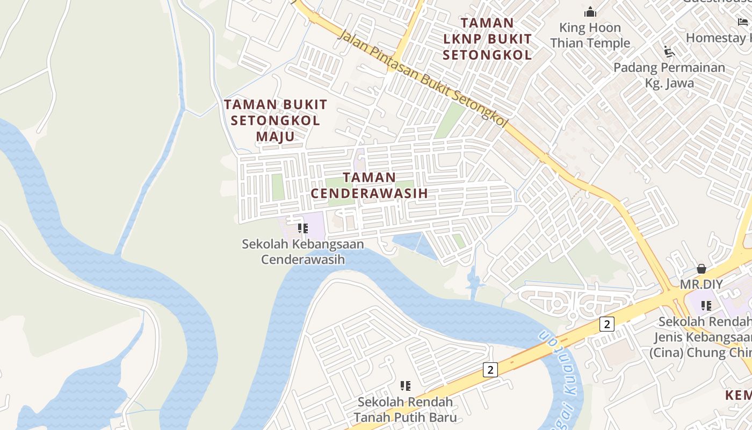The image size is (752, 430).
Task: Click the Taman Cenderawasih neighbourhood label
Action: pos(370,185)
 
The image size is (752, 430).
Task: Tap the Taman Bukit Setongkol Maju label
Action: pos(276,120)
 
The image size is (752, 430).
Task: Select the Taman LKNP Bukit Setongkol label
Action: pos(487,39)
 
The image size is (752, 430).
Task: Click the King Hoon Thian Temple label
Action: pos(590,35)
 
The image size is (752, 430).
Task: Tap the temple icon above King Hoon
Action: pos(590,12)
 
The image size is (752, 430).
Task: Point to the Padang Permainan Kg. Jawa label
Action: pos(669,75)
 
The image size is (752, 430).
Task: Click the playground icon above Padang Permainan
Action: pos(669,52)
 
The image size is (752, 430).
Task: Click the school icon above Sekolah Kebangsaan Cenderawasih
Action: pos(302,228)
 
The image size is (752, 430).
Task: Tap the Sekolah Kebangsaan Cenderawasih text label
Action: pos(303,252)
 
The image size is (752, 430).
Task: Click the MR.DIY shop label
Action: pos(702,284)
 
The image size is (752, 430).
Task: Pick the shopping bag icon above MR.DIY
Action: pos(702,269)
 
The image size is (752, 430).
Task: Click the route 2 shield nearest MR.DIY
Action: pos(606,324)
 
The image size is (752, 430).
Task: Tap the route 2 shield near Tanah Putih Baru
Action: pos(490,370)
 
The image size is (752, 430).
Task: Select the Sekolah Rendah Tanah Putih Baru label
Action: pos(406,410)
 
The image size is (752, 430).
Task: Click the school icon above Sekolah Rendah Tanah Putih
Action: pos(406,386)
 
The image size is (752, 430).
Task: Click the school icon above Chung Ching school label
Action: pos(706,306)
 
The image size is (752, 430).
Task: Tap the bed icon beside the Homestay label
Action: pos(743,22)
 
